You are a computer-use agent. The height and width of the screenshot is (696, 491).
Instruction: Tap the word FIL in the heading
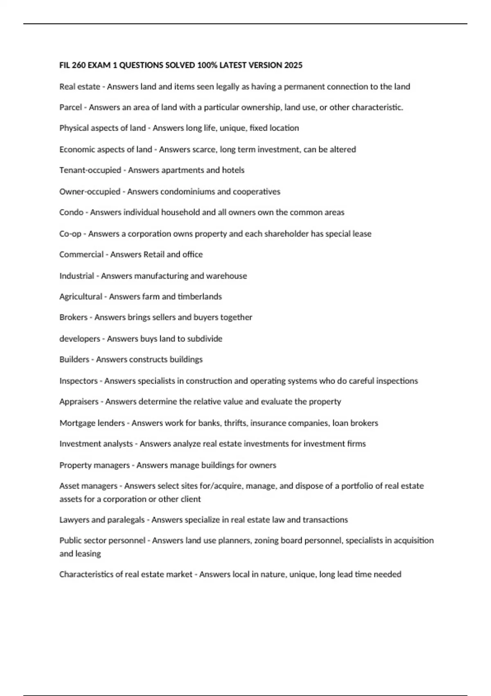pos(65,65)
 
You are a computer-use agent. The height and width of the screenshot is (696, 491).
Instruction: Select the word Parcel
pos(70,107)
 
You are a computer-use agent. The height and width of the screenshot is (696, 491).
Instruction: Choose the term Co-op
pos(70,234)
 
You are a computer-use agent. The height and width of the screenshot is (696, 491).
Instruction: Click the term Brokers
pos(73,317)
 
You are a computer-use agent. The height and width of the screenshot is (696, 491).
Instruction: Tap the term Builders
pos(74,359)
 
